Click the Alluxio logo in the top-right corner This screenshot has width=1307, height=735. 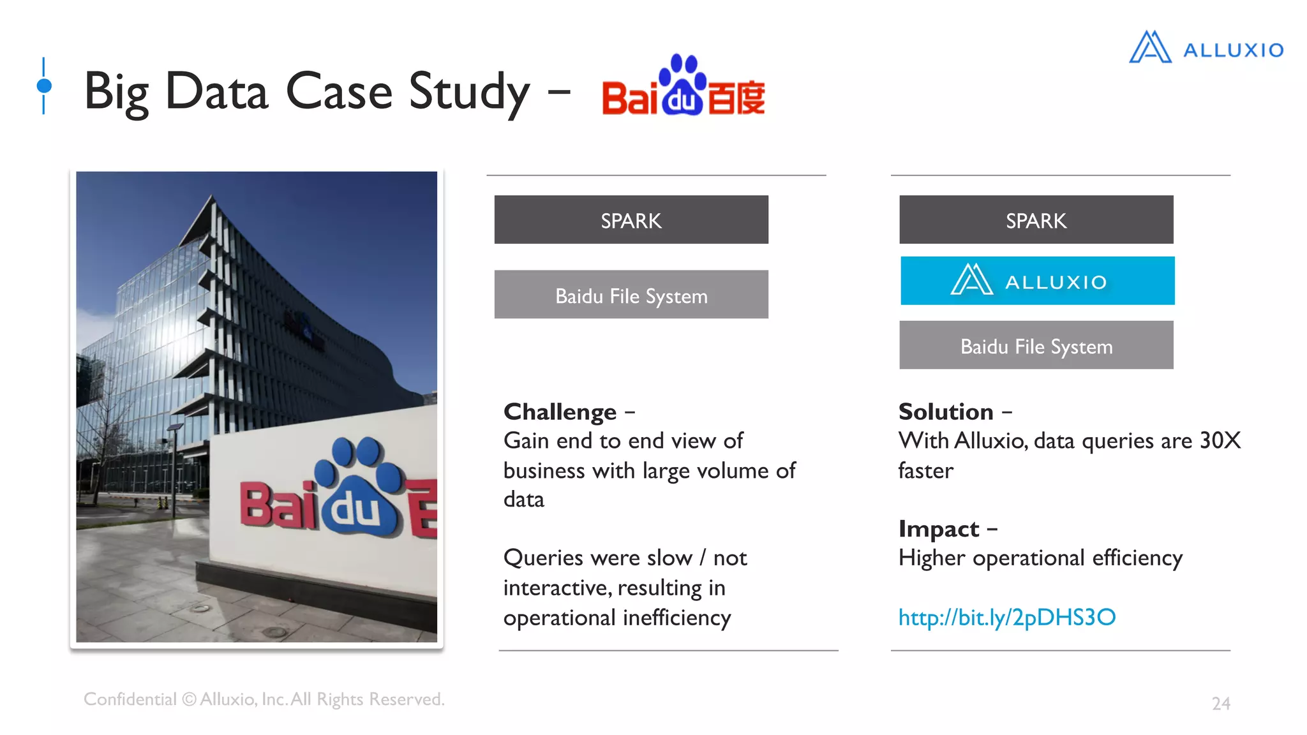coord(1206,48)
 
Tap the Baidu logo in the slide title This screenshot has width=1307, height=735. coord(683,87)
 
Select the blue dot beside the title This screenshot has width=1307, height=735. coord(44,85)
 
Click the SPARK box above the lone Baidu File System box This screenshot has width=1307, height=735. coord(631,220)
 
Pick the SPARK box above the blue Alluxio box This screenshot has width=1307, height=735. coord(1036,220)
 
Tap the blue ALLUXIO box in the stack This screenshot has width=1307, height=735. coord(1037,281)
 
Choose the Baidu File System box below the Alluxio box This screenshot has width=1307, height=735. coord(1036,346)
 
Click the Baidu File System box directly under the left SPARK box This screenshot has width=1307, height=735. coord(631,295)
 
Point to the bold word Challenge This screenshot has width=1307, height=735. coord(560,412)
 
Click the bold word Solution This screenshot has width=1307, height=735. coord(946,412)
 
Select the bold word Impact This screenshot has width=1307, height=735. coord(938,529)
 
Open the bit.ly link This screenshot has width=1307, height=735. coord(1006,617)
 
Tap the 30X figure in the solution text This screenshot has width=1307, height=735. coord(1220,440)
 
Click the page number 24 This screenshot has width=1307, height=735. coord(1220,703)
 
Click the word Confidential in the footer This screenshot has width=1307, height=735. coord(130,699)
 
